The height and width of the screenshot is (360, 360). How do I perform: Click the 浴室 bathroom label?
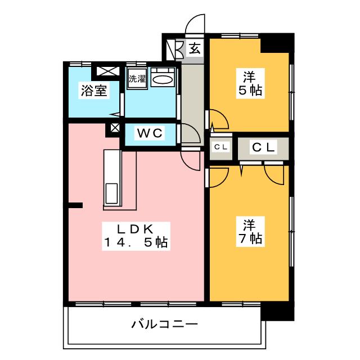[94, 91]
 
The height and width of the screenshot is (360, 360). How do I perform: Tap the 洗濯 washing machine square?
[137, 78]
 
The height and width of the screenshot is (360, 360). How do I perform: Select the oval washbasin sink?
[163, 80]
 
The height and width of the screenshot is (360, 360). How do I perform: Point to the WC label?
[150, 133]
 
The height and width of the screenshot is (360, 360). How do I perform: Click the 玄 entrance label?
[195, 49]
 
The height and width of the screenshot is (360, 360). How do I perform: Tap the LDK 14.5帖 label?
[136, 236]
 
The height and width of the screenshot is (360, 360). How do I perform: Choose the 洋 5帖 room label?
[250, 84]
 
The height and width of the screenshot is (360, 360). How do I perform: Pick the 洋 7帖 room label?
[250, 231]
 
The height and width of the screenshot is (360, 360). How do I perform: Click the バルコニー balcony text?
[164, 324]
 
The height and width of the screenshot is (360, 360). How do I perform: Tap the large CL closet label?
[263, 147]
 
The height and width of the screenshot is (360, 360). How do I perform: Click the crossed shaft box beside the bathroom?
[108, 71]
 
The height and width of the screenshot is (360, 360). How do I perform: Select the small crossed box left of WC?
[115, 128]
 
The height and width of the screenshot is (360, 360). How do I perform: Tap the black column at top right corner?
[277, 44]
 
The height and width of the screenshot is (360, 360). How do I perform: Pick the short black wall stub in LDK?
[75, 205]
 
